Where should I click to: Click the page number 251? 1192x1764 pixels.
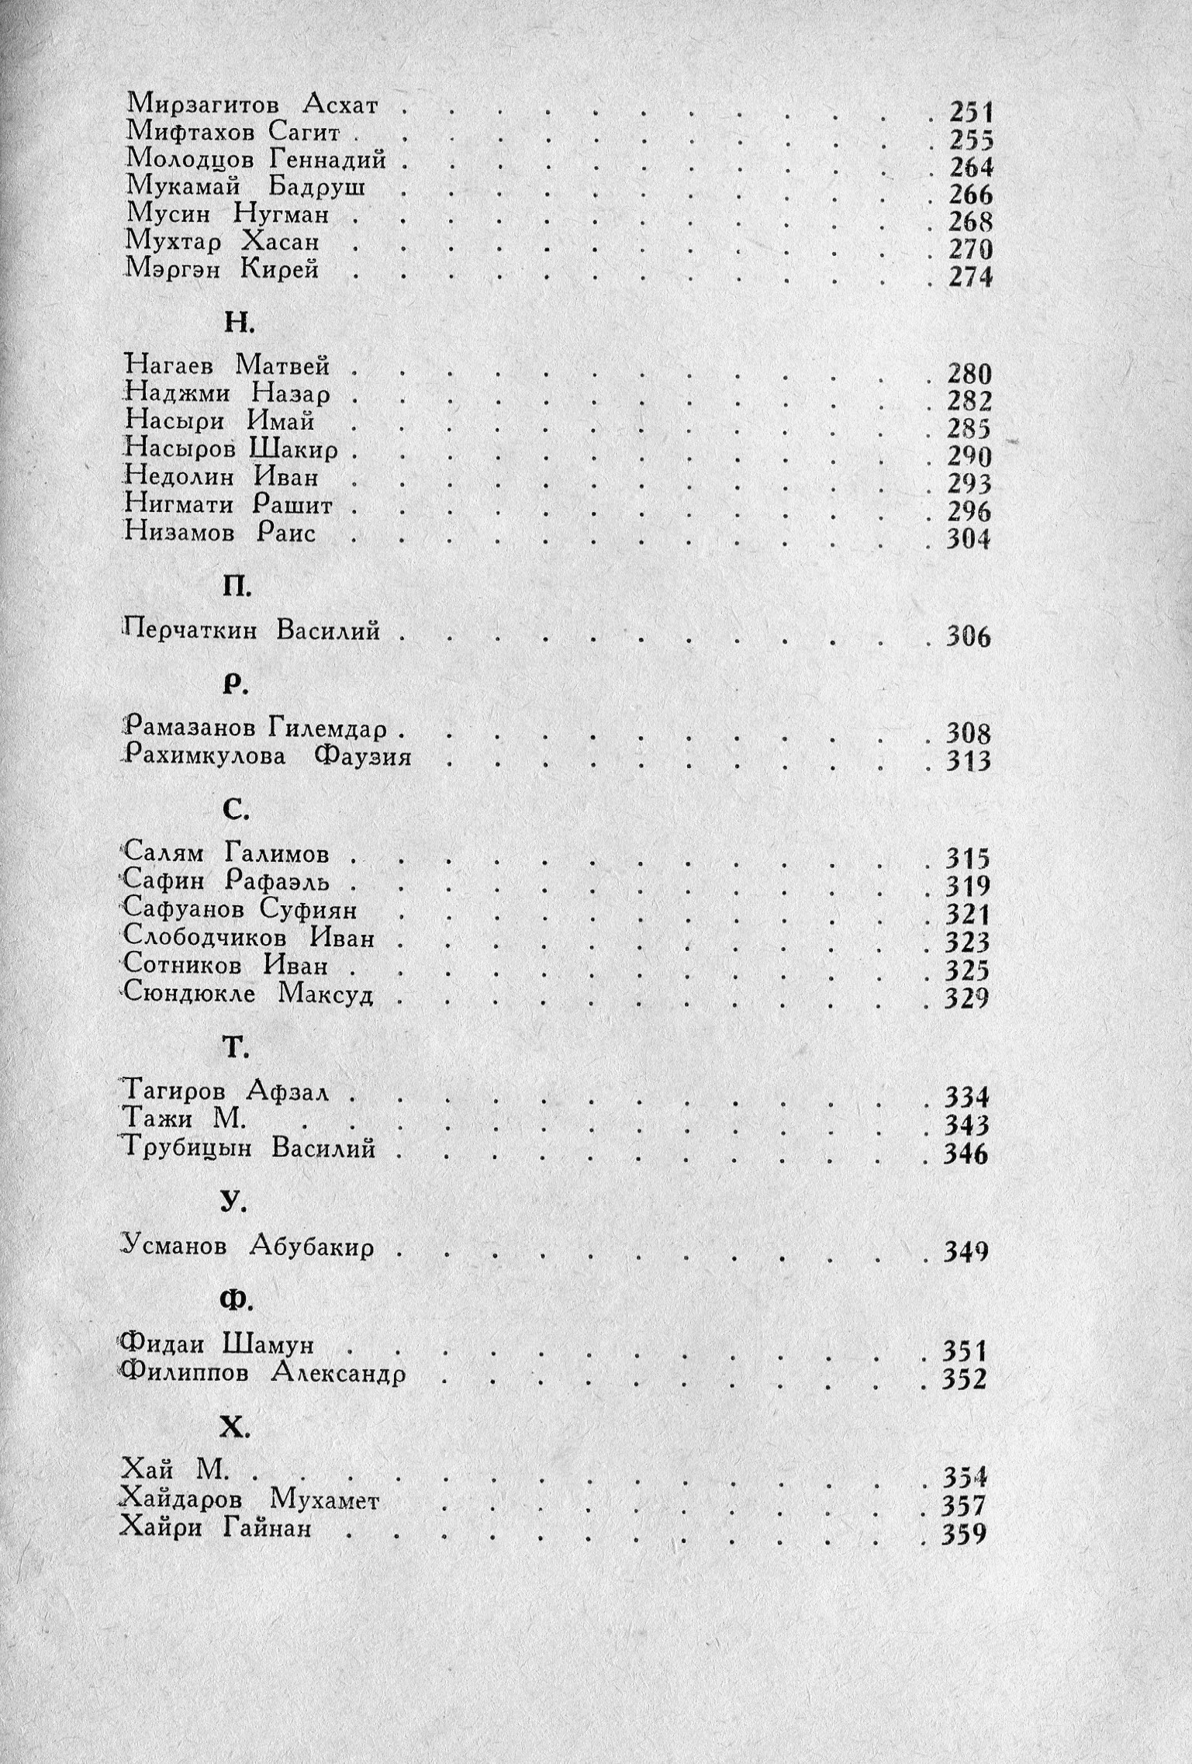pyautogui.click(x=971, y=112)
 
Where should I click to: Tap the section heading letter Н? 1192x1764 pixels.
pyautogui.click(x=239, y=323)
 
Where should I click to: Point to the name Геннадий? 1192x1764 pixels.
pyautogui.click(x=328, y=160)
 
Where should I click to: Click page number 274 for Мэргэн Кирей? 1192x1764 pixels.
pyautogui.click(x=970, y=277)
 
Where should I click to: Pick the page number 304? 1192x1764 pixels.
pyautogui.click(x=969, y=539)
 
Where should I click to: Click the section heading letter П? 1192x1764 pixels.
pyautogui.click(x=237, y=587)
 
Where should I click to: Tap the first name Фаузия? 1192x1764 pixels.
pyautogui.click(x=363, y=757)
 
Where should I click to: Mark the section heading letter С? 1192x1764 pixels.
pyautogui.click(x=236, y=810)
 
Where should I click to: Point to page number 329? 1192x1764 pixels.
pyautogui.click(x=967, y=998)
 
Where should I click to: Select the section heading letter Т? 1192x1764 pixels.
pyautogui.click(x=235, y=1049)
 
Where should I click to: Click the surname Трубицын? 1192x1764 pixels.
pyautogui.click(x=187, y=1148)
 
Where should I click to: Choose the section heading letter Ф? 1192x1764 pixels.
pyautogui.click(x=235, y=1301)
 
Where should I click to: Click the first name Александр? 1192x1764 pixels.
pyautogui.click(x=339, y=1374)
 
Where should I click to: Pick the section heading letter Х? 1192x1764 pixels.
pyautogui.click(x=234, y=1427)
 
